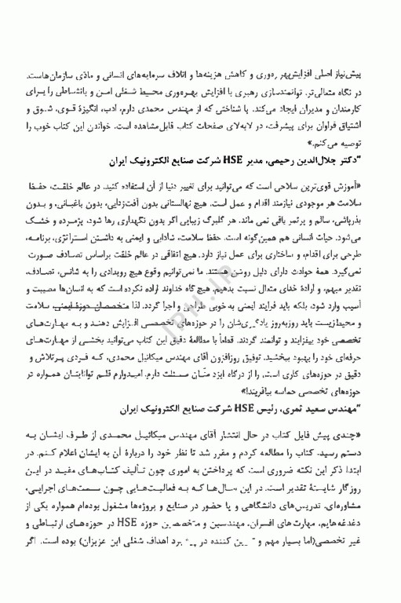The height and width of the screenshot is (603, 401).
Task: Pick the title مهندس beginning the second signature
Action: (360, 411)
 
